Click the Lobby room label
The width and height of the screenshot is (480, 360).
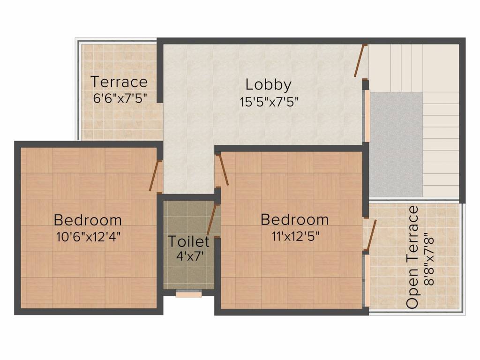(x=268, y=85)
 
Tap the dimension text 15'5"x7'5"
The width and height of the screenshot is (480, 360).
(x=269, y=102)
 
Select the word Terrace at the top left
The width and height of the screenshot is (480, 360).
(x=120, y=82)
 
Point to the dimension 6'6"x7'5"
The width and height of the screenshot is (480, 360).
(x=120, y=98)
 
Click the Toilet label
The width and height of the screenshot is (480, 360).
(x=189, y=241)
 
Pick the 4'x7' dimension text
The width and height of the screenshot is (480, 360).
(x=190, y=255)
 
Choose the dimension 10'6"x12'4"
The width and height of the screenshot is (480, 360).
(x=88, y=237)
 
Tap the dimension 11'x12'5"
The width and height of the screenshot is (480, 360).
(x=296, y=236)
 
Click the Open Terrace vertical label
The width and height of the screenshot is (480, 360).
(x=412, y=256)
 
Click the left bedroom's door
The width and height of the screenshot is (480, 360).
(x=155, y=176)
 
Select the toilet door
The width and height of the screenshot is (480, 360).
(x=212, y=219)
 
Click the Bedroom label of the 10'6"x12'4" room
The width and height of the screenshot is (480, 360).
(x=88, y=220)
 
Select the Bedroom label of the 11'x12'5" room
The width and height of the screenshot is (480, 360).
(x=295, y=219)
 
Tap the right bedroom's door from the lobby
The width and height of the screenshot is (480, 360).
(x=223, y=170)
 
